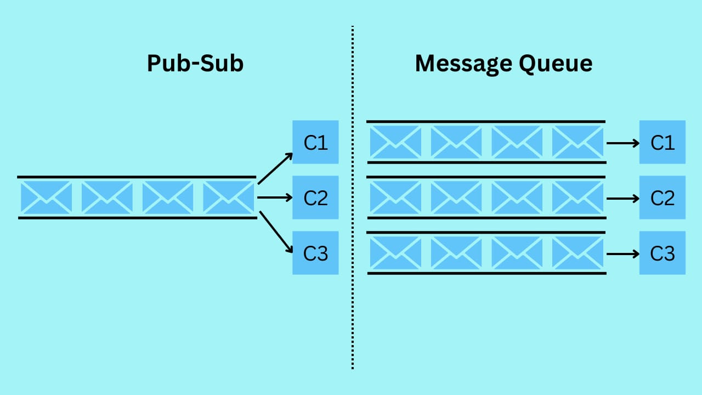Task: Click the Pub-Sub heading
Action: point(195,64)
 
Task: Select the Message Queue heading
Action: point(503,64)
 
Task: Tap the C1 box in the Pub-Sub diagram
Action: point(315,142)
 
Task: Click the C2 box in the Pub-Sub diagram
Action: point(315,198)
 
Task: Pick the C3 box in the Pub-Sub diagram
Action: point(315,253)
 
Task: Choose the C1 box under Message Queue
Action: point(662,142)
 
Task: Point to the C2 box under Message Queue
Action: point(662,198)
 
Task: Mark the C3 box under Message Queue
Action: point(662,253)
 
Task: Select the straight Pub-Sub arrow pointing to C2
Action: point(274,198)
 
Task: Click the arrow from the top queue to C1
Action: point(623,143)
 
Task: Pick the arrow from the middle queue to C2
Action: point(623,198)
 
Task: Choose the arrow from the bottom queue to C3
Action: point(623,253)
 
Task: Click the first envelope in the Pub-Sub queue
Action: point(46,198)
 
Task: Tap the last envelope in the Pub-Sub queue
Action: point(229,198)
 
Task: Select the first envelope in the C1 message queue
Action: point(395,142)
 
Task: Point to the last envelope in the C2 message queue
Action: point(578,198)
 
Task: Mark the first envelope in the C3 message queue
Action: point(395,253)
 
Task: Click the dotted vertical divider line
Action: point(352,198)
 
